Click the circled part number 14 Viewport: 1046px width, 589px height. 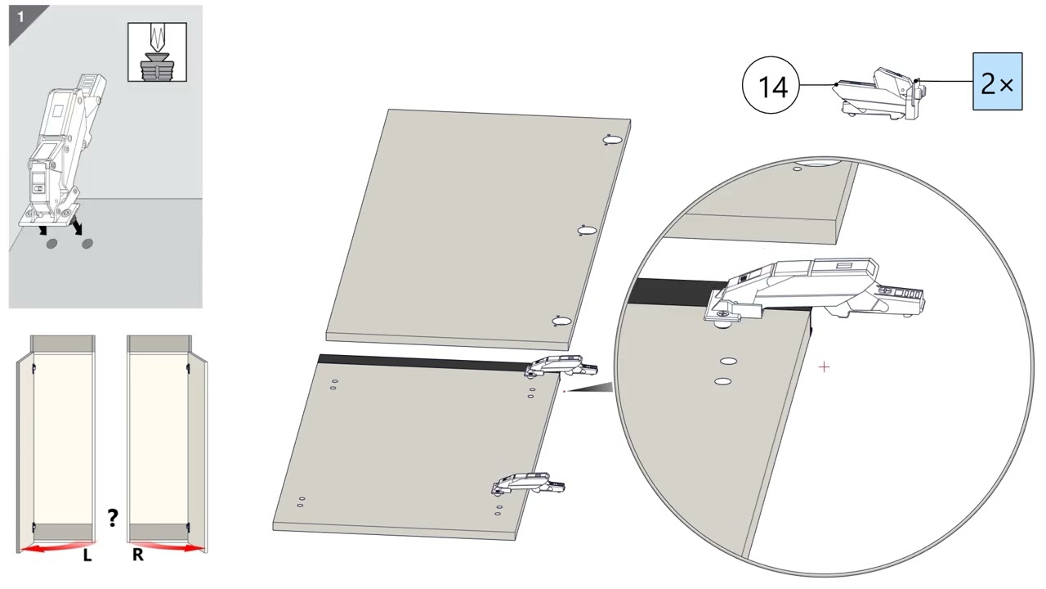[x=771, y=85]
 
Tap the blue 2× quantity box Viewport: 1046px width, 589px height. [x=998, y=81]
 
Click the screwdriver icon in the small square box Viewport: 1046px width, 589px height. [x=158, y=52]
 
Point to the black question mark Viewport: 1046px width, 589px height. [x=112, y=518]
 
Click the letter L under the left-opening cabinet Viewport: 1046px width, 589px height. [x=87, y=555]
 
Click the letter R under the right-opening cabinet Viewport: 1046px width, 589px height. [x=138, y=555]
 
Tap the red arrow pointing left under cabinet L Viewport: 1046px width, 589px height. [x=57, y=547]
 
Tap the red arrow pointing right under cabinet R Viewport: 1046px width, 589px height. [x=168, y=547]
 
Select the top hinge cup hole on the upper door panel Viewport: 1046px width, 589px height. [x=613, y=140]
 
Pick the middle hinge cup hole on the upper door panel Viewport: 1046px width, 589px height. [x=587, y=231]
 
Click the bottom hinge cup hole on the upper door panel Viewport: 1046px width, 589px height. [x=561, y=321]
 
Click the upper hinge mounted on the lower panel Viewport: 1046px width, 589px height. [x=561, y=366]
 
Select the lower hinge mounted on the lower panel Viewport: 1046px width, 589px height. [x=528, y=483]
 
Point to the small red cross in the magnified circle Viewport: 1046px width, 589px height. [x=825, y=367]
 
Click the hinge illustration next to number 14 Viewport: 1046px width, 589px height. [x=878, y=93]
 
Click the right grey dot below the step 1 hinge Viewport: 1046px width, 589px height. [x=87, y=244]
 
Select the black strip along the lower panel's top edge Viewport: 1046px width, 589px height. [x=422, y=362]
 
